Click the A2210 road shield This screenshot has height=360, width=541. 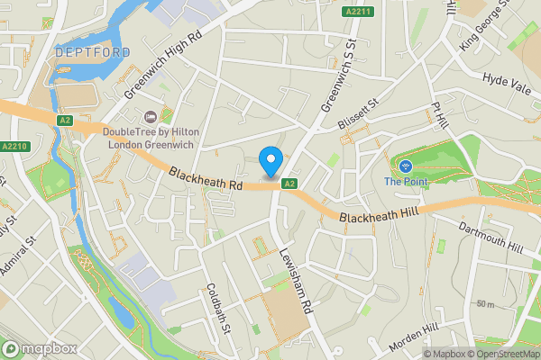click(14, 147)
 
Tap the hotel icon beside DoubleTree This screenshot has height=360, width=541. click(151, 116)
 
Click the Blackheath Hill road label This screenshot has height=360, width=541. click(378, 217)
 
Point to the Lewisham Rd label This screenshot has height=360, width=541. click(295, 282)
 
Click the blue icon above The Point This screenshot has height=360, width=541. click(405, 166)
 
